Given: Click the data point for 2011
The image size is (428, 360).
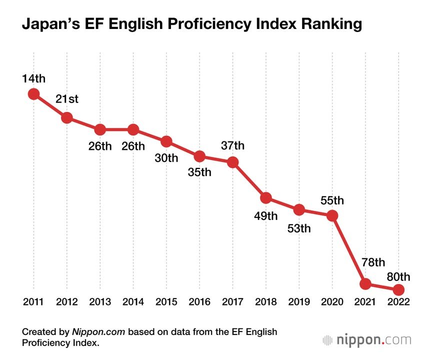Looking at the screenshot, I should pos(33,93).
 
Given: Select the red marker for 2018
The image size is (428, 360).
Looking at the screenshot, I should pos(266,198).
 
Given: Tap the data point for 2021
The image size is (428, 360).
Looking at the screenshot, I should pos(365,284).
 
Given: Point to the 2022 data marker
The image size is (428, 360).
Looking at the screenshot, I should pos(398,289).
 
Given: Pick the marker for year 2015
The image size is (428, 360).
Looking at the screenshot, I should pos(166,141).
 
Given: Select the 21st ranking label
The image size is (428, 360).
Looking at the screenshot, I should pos(67,99).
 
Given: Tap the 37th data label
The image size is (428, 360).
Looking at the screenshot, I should pos(232,145).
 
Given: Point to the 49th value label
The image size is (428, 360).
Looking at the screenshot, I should pos(266,216).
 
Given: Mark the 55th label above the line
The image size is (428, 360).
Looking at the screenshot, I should pos(332,200).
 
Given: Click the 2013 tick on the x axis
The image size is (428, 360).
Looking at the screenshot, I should pos(100,301).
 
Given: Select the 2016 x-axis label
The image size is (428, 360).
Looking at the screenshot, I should pos(199,301).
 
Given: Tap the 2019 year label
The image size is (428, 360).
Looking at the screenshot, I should pos(299,301).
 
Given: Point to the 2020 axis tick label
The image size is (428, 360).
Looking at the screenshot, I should pos(332,301).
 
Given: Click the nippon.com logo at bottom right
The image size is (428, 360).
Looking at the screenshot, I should pos(367,340).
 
